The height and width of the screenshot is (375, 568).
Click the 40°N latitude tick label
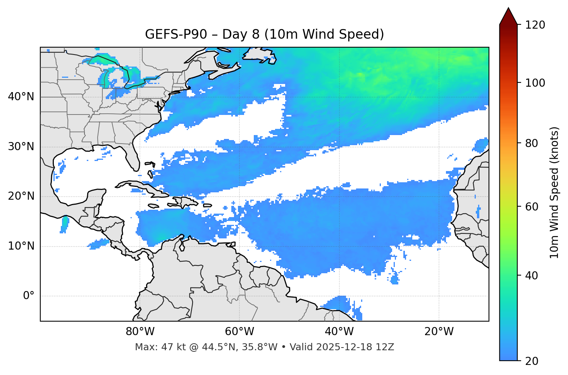pos(21,97)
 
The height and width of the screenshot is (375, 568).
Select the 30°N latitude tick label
pos(21,147)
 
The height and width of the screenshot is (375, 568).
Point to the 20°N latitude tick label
pos(21,196)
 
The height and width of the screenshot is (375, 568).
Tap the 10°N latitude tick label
pos(21,246)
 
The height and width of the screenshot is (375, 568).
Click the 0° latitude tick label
pos(29,296)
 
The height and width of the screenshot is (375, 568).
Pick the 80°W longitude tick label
pos(140,332)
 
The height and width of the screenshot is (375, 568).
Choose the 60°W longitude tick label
pos(239,332)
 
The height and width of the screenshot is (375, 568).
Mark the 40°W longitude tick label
pos(339,332)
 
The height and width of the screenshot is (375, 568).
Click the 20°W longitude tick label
pos(439,332)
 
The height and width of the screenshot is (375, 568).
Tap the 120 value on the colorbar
pos(535,25)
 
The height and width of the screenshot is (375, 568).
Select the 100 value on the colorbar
pos(535,83)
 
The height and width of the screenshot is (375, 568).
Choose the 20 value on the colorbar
pos(532,361)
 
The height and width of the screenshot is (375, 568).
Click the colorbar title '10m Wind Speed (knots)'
pos(555,193)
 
